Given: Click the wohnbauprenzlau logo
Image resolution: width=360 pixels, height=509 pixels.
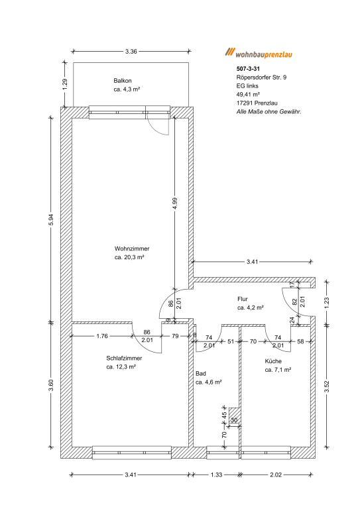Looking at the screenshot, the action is click(259, 53).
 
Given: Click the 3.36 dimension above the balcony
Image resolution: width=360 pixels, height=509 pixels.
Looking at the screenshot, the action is click(131, 51).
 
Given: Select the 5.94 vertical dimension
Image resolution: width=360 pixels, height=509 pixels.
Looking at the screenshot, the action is click(51, 221).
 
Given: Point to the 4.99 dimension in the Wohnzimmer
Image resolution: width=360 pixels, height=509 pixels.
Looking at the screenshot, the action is click(175, 203).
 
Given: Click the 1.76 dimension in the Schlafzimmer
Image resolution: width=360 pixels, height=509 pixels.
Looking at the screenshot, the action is click(102, 336).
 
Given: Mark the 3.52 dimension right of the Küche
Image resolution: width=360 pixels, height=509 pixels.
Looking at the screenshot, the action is click(327, 386).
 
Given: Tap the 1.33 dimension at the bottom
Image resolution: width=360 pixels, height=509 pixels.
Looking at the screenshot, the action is click(216, 475).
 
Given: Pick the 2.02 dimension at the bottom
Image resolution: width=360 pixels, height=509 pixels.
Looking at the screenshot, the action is click(276, 475).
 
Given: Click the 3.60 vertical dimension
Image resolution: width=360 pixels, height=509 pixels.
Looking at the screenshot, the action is click(51, 385).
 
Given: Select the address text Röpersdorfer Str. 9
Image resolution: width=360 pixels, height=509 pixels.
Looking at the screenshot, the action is click(261, 78).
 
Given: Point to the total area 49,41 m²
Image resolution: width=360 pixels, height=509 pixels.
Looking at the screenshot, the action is click(248, 95).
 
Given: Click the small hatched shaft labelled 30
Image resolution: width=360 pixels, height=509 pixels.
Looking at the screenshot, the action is click(234, 416).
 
